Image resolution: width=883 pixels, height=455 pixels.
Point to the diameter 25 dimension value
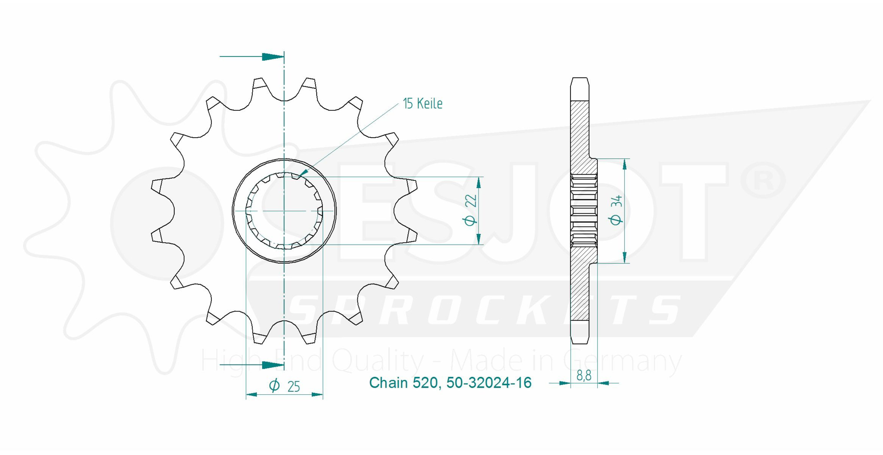[x=294, y=387]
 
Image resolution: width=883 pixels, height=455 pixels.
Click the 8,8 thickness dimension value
[x=584, y=376]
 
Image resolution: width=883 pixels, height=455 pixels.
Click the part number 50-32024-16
[x=489, y=383]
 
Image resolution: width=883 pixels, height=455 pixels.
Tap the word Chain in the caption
[x=389, y=383]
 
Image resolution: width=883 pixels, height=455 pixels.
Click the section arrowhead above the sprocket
[x=273, y=57]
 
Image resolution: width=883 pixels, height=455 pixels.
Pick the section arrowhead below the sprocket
[x=273, y=365]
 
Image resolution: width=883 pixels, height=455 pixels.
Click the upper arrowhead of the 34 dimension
[x=625, y=164]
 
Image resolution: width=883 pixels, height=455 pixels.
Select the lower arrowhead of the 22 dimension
[x=479, y=239]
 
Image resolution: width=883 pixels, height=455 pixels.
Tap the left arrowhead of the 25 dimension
[x=252, y=395]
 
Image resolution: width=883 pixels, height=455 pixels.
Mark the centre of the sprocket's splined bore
[x=284, y=211]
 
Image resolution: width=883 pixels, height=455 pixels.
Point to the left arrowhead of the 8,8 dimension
[x=565, y=383]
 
